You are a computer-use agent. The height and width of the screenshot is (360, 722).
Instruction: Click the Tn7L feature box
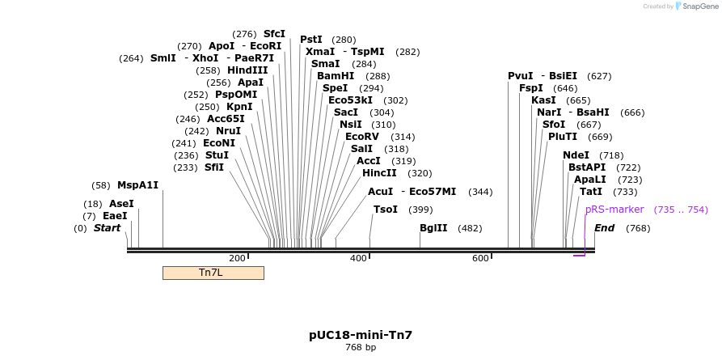tap(213, 273)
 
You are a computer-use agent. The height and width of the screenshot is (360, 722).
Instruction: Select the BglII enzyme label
tap(433, 228)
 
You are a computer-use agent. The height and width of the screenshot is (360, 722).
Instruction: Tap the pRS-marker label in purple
tap(614, 210)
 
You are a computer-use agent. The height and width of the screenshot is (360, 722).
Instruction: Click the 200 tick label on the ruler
tap(237, 258)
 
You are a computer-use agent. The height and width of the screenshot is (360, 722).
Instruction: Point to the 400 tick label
tap(358, 258)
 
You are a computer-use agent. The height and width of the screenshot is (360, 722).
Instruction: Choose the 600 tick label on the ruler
tap(480, 258)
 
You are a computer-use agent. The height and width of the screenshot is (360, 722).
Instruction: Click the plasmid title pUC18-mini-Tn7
tap(361, 335)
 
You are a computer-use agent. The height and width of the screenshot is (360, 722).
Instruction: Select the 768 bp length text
tap(361, 348)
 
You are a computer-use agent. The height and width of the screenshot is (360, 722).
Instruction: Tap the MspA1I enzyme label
tap(138, 185)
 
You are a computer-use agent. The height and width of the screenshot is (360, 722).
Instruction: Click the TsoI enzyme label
tap(386, 210)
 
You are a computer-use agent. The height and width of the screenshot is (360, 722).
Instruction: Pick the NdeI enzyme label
tap(576, 155)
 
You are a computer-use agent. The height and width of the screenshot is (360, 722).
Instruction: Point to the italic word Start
tap(107, 228)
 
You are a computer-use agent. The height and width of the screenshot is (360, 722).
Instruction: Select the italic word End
tap(604, 228)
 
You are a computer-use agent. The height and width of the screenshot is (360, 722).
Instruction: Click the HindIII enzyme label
tap(247, 70)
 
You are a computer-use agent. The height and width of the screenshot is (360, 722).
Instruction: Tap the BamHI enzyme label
tap(336, 76)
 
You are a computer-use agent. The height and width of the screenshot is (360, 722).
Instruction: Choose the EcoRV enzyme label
tap(362, 137)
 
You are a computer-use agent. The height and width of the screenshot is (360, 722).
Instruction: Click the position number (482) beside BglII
tap(470, 228)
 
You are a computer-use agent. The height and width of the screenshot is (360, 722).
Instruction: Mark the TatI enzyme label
tap(591, 192)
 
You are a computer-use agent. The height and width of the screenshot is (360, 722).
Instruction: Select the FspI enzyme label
tap(531, 88)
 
